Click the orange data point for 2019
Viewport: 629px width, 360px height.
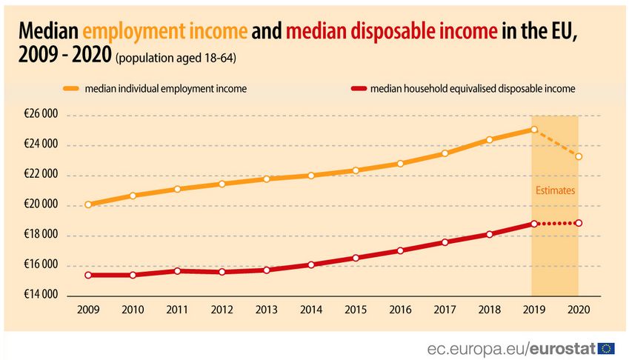[533, 130]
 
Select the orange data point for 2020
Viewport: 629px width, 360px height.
[578, 156]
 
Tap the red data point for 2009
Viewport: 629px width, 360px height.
[88, 275]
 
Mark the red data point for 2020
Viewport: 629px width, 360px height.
[578, 223]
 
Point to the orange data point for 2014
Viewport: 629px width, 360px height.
[311, 176]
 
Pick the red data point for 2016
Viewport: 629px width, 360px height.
[400, 250]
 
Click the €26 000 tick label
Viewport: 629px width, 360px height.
[40, 115]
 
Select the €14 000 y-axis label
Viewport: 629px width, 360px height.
[40, 295]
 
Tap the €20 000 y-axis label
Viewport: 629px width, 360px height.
[40, 205]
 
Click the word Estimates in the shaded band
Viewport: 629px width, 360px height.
[555, 191]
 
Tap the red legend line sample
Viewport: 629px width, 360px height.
[359, 89]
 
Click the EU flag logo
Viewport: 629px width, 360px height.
[607, 348]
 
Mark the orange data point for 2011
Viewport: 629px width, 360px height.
[178, 189]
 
